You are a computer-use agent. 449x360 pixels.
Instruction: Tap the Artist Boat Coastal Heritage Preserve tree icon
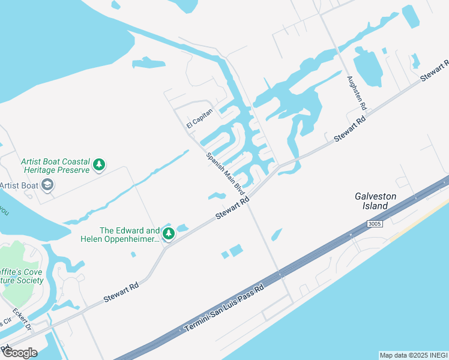pos(99,164)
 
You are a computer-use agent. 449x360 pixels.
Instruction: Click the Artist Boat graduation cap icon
pos(47,185)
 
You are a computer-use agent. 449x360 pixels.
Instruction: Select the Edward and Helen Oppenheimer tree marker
pos(169,233)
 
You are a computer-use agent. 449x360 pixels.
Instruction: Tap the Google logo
pos(20,352)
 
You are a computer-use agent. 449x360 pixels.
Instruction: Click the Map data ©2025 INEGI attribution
pos(414,355)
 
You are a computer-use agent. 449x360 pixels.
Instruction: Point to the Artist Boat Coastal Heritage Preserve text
pos(55,166)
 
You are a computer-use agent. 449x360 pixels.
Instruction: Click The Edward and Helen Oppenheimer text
pos(120,235)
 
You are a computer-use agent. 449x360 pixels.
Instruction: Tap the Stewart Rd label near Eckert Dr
pos(121,292)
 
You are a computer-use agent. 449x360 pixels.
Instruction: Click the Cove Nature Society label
pos(22,275)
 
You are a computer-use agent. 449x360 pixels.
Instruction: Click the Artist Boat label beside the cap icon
pos(19,185)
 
